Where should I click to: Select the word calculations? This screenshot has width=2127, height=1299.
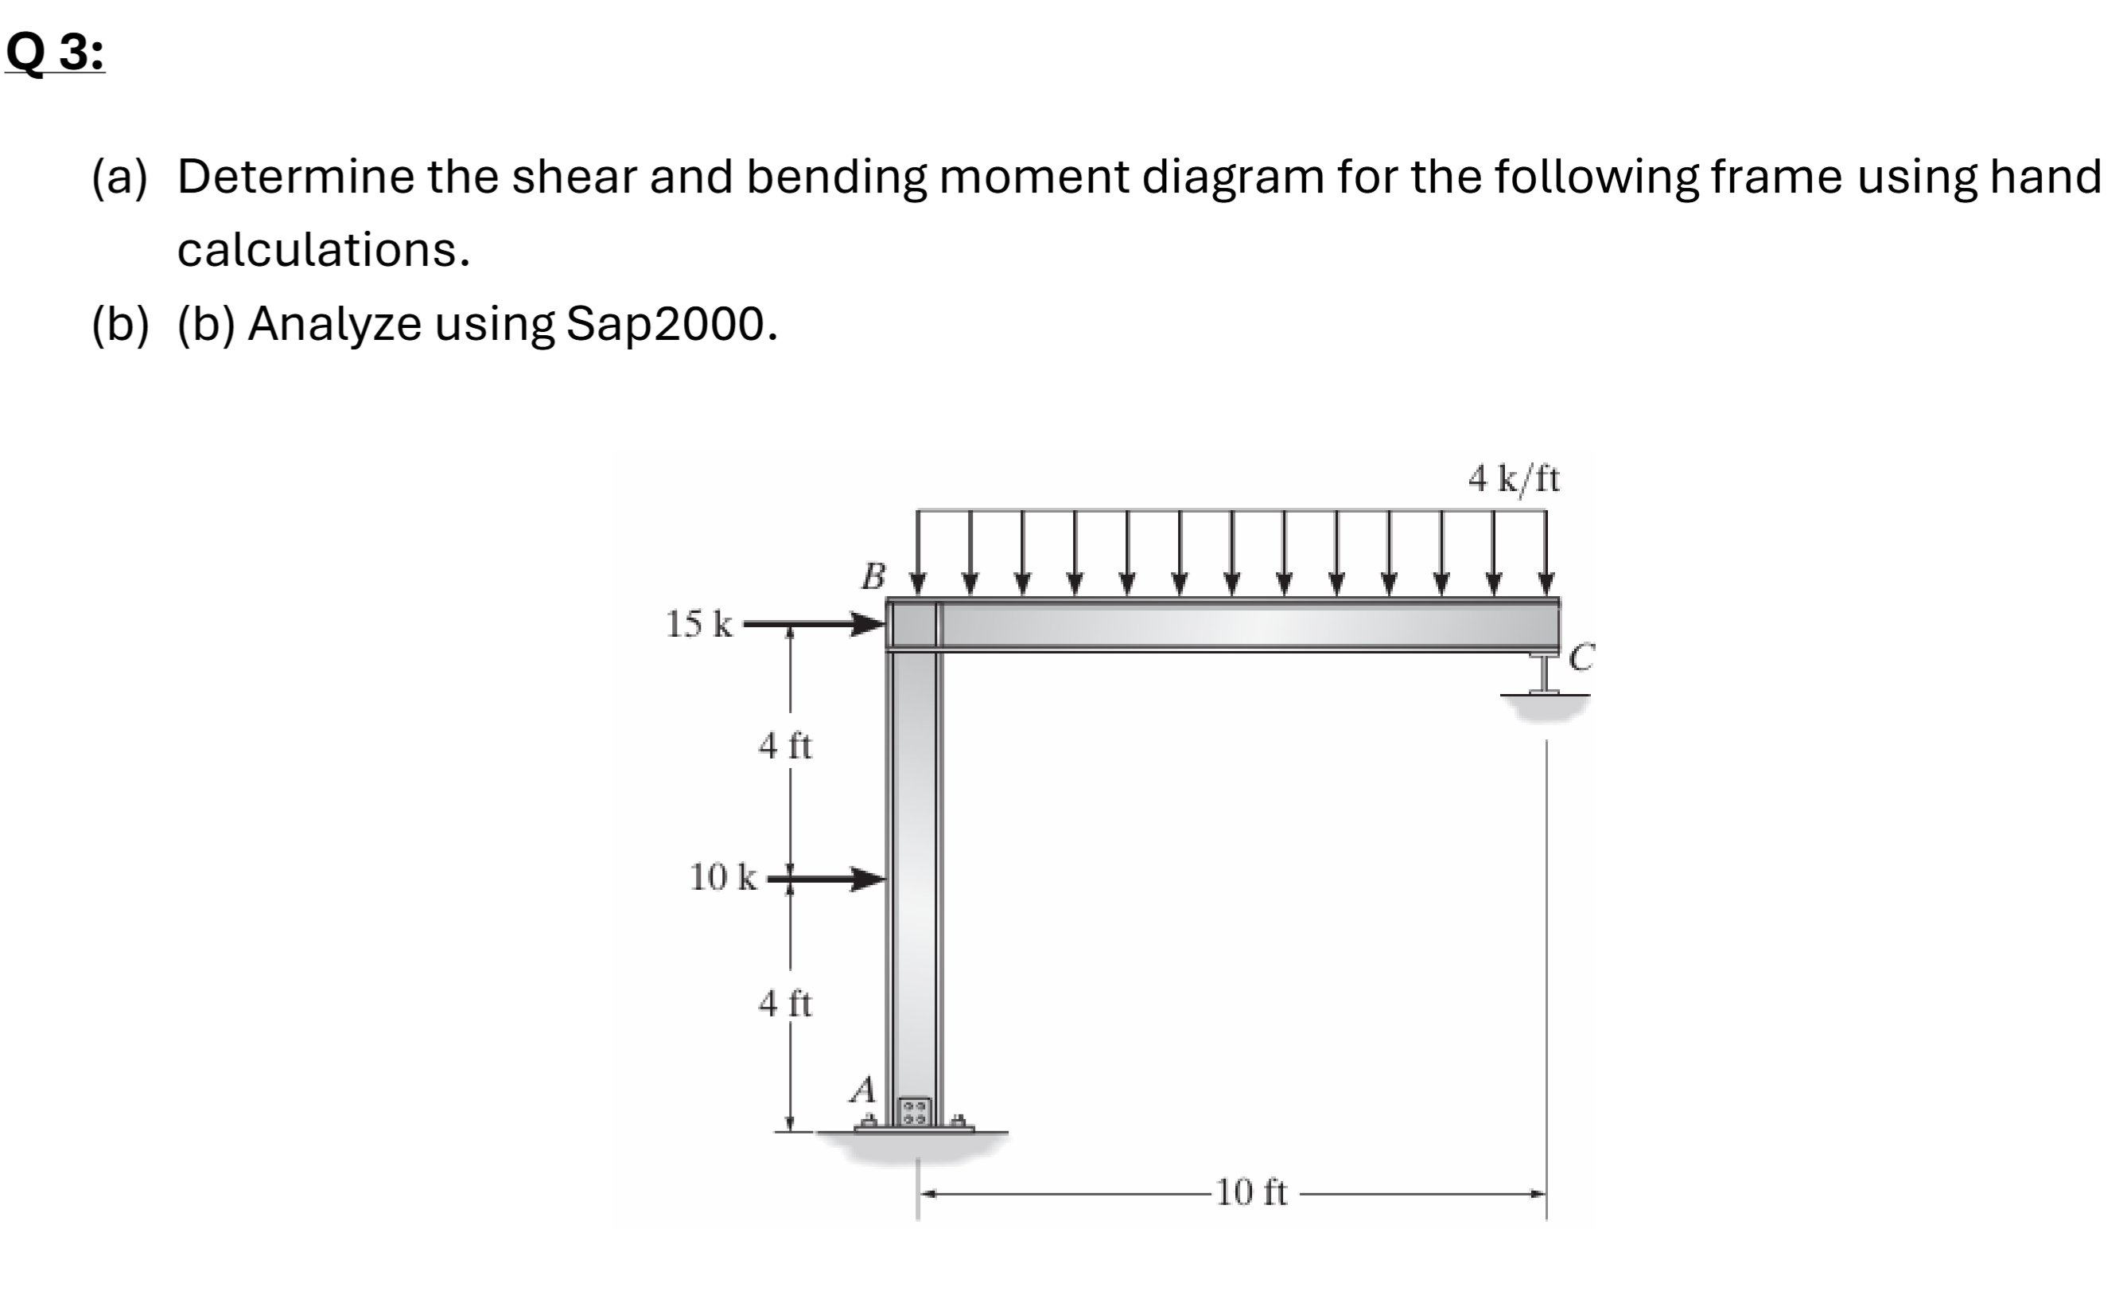coord(324,251)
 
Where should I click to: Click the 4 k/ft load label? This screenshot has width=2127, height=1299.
coord(1513,478)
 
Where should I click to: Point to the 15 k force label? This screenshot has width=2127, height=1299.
coord(699,623)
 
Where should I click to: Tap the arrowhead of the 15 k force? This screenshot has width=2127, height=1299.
coord(870,623)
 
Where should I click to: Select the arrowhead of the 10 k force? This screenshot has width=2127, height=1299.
coord(870,880)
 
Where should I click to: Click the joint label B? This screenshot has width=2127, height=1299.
coord(873,576)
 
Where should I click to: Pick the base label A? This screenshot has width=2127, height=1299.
coord(863,1090)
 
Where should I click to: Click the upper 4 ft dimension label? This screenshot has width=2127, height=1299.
coord(784,745)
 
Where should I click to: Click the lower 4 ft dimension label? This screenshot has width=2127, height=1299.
coord(784,1004)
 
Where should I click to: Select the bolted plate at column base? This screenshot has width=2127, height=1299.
coord(915,1110)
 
